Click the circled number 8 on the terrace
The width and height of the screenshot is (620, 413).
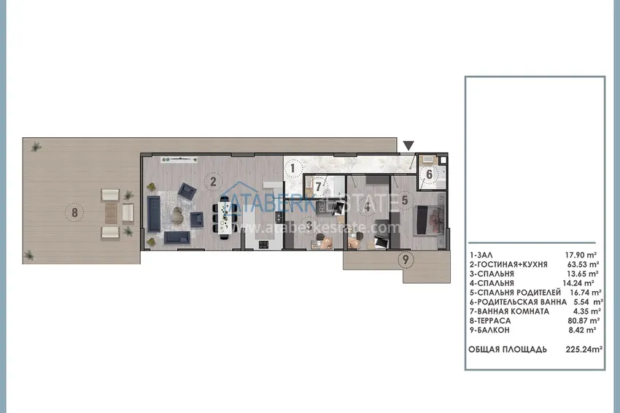pyautogui.click(x=74, y=213)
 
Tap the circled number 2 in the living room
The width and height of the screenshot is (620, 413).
pyautogui.click(x=212, y=181)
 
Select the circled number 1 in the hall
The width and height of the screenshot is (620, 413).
pyautogui.click(x=292, y=169)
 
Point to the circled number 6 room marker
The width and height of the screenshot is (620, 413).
pyautogui.click(x=429, y=174)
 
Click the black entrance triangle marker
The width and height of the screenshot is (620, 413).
pyautogui.click(x=408, y=145)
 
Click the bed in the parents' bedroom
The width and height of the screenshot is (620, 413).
pyautogui.click(x=427, y=220)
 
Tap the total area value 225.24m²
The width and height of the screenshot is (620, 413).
pyautogui.click(x=584, y=350)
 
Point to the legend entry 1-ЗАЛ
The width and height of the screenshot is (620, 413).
pyautogui.click(x=483, y=254)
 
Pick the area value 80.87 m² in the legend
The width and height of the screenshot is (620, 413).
pyautogui.click(x=583, y=320)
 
